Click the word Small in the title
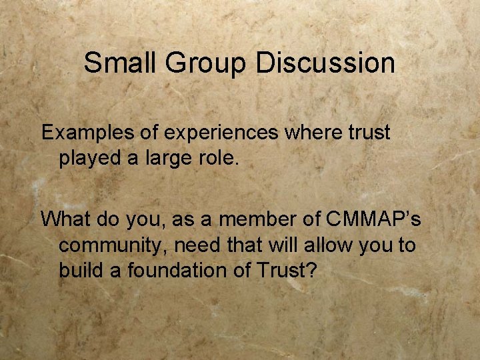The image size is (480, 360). [117, 63]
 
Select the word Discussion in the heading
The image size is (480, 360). [325, 63]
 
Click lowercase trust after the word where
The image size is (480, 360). [367, 132]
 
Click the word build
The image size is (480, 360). [79, 271]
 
